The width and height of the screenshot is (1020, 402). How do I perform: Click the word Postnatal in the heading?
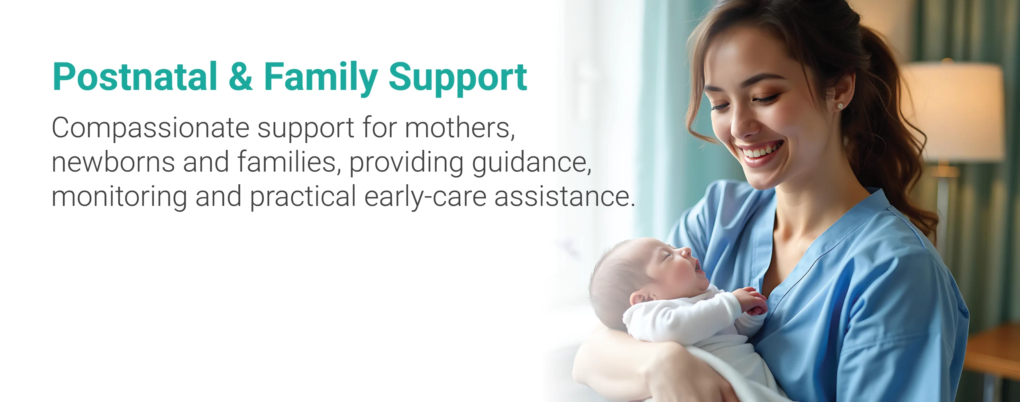tap(135, 76)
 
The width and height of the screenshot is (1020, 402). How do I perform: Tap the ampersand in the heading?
tap(241, 76)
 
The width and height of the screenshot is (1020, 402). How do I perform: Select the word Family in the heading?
tap(321, 78)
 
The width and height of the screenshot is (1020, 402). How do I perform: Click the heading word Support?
tap(458, 78)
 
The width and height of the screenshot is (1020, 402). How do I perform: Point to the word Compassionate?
tap(151, 128)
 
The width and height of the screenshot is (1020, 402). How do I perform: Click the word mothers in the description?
tap(460, 128)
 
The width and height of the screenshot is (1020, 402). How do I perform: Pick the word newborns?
tap(113, 162)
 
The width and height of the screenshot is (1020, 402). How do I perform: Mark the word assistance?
tap(564, 197)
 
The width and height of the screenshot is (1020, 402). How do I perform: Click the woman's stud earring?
tap(840, 106)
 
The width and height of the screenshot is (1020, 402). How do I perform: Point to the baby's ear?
tap(639, 298)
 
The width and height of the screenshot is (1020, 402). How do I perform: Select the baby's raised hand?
tap(751, 300)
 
